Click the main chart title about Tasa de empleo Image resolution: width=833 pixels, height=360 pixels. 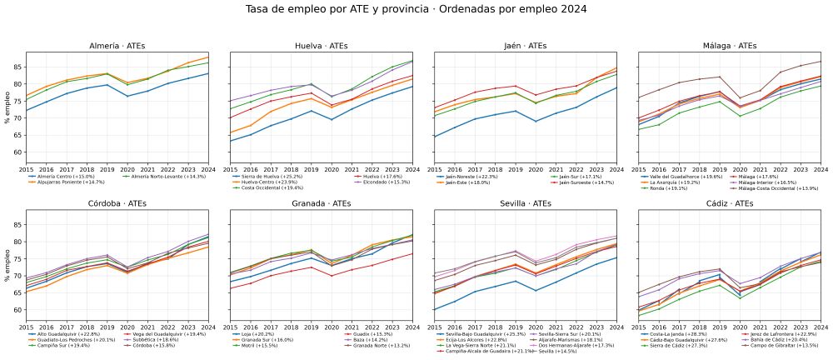coord(416,9)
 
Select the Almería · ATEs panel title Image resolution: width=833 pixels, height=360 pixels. coord(117,46)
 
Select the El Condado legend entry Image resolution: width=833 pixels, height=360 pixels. coord(363,181)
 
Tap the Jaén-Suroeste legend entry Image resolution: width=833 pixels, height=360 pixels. coord(585,181)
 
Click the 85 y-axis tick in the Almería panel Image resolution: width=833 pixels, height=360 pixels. coord(20,67)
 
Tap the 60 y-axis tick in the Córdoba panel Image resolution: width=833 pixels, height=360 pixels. coord(20,309)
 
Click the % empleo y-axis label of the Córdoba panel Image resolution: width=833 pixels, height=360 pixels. coord(7,266)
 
